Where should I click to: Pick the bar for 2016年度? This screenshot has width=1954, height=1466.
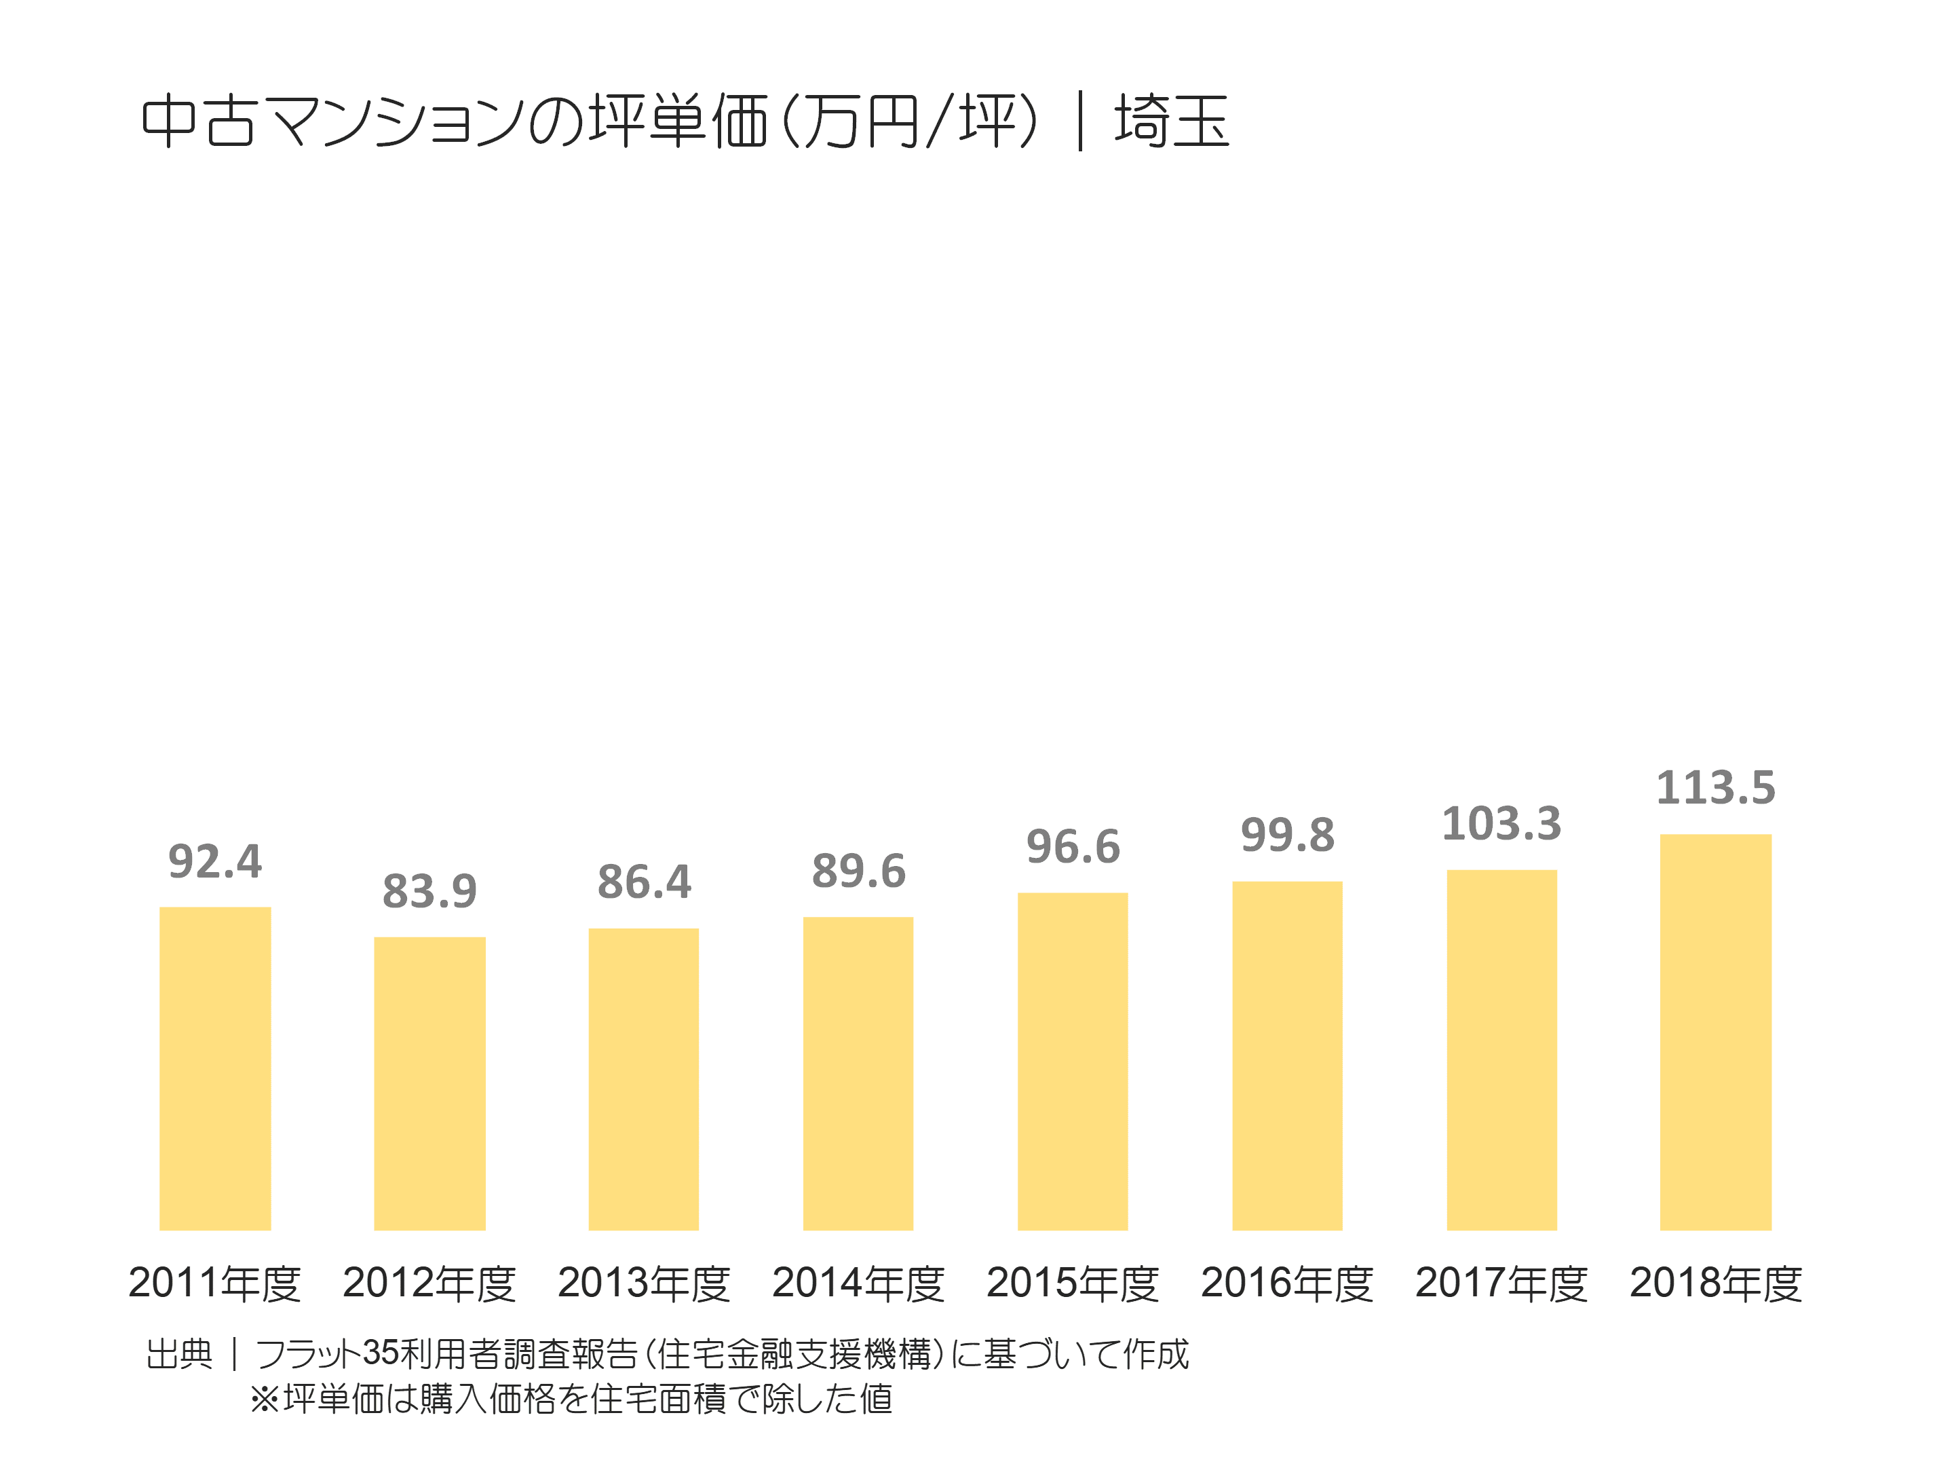(1287, 1055)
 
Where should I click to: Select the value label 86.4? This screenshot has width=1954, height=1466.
(644, 882)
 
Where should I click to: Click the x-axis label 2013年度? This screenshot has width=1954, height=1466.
(644, 1283)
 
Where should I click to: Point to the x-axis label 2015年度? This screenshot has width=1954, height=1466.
(1073, 1283)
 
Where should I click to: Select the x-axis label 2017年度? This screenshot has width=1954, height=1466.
(1501, 1283)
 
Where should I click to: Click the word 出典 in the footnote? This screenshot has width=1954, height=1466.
(179, 1354)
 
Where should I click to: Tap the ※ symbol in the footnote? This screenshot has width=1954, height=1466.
(264, 1399)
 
